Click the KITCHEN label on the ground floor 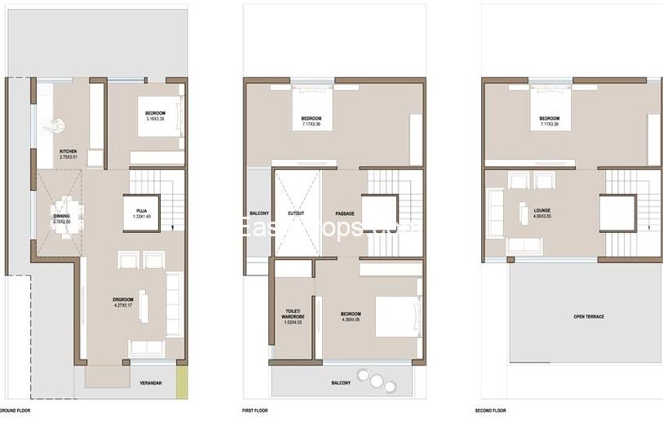[x=68, y=152]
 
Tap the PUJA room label [x=141, y=211]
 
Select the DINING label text [x=61, y=215]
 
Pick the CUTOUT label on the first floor [x=296, y=214]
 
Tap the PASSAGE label [x=344, y=214]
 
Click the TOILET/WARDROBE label [x=292, y=314]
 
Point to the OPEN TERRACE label [x=589, y=316]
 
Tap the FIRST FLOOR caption [x=255, y=411]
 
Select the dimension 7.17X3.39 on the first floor [x=311, y=125]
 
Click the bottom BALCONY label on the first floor [x=341, y=383]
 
